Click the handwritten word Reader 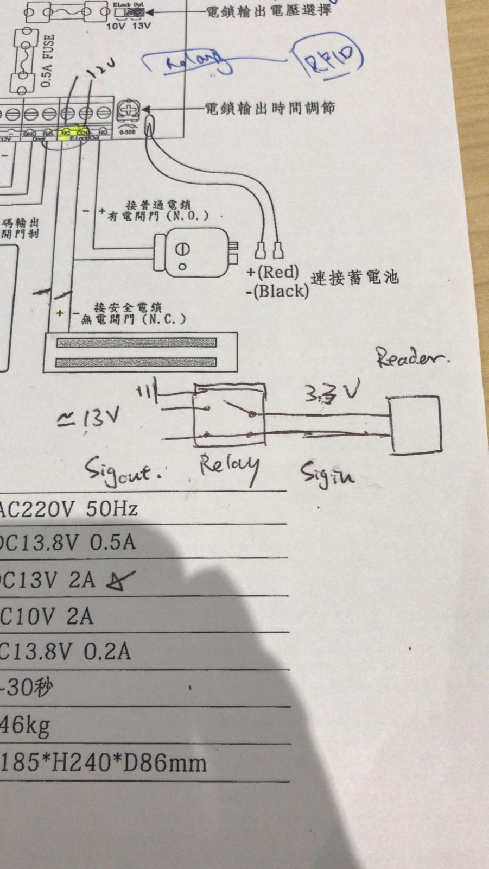412,357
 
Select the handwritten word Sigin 327,474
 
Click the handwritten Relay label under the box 228,468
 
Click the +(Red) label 273,272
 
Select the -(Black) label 277,291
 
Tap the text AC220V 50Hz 68,509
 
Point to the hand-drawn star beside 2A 120,581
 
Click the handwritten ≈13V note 88,418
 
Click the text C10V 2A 47,616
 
